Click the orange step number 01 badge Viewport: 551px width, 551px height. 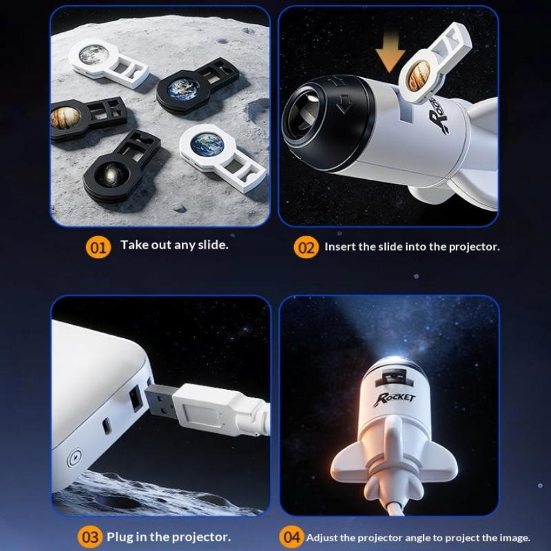click(x=98, y=248)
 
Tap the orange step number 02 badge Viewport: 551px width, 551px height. click(x=306, y=248)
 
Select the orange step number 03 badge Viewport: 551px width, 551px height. click(x=90, y=537)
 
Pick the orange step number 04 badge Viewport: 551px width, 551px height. click(x=291, y=537)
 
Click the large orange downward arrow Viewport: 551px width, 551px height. click(x=390, y=51)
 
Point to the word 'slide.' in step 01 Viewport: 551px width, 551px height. click(x=213, y=245)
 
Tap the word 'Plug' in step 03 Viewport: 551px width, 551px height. click(x=119, y=537)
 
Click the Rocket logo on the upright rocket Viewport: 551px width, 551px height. click(x=394, y=399)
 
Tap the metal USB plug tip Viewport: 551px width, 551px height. click(x=160, y=402)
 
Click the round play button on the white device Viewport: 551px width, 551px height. click(x=74, y=458)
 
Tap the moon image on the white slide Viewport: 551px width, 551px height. click(x=93, y=55)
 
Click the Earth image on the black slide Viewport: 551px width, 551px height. click(x=183, y=89)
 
